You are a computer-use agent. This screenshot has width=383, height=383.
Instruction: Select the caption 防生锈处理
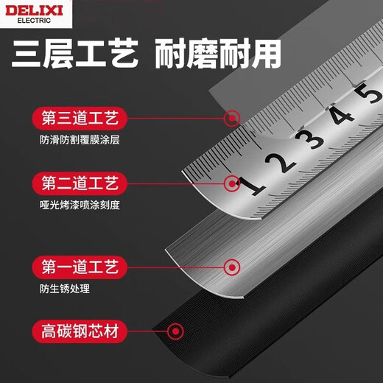coord(65,289)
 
